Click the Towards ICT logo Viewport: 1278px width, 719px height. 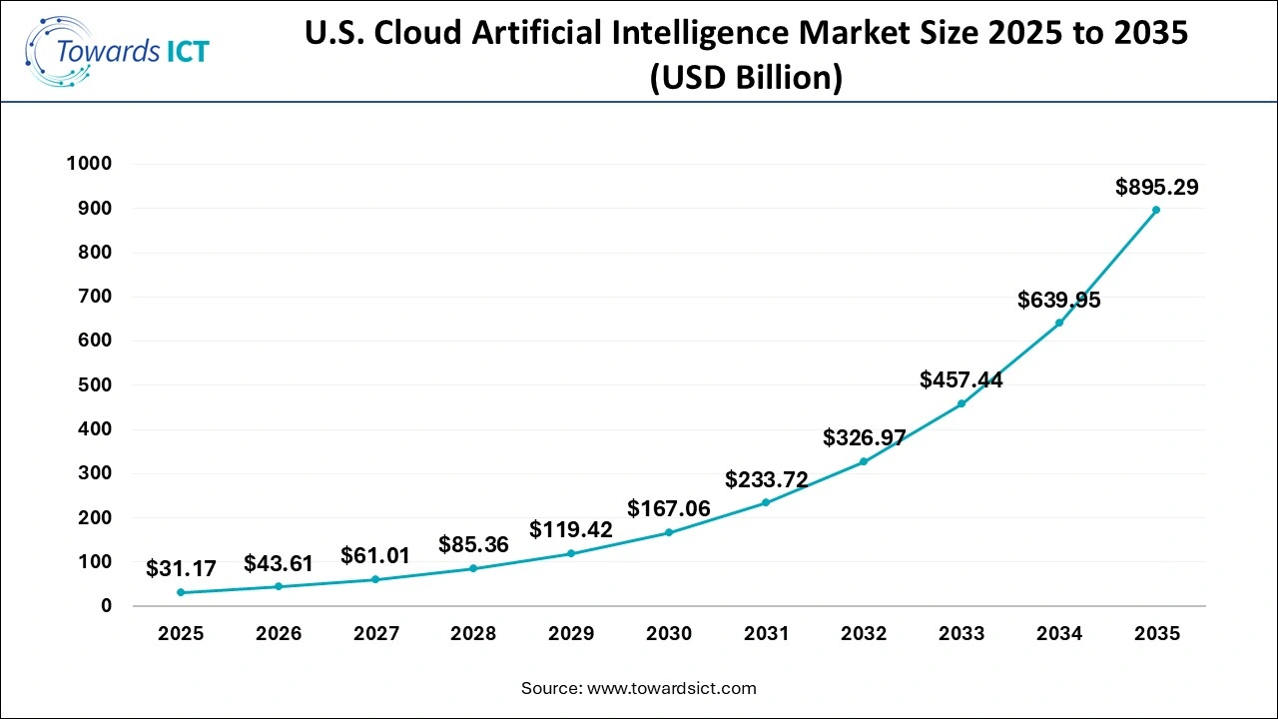click(x=118, y=49)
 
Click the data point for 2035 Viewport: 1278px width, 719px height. click(x=1156, y=210)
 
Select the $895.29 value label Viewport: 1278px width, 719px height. click(x=1156, y=187)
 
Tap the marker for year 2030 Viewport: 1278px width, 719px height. click(x=669, y=532)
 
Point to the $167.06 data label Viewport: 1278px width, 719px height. click(x=669, y=509)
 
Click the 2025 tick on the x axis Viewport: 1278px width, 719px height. click(x=181, y=633)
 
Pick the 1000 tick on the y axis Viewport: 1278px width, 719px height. click(x=89, y=164)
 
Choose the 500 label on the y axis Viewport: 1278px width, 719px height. click(x=96, y=385)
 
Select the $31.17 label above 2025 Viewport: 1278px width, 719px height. click(x=181, y=569)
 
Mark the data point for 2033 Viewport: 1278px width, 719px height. click(x=961, y=403)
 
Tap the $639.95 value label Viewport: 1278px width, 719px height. click(x=1058, y=300)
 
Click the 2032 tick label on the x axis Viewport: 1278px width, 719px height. click(x=864, y=633)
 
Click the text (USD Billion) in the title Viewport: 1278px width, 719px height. click(x=746, y=78)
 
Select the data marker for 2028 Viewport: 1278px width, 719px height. click(x=473, y=568)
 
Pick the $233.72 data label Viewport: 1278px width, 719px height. click(x=767, y=479)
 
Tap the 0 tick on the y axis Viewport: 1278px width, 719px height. click(x=107, y=606)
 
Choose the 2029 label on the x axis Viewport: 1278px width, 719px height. click(x=571, y=633)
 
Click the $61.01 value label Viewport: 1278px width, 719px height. click(x=375, y=556)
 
